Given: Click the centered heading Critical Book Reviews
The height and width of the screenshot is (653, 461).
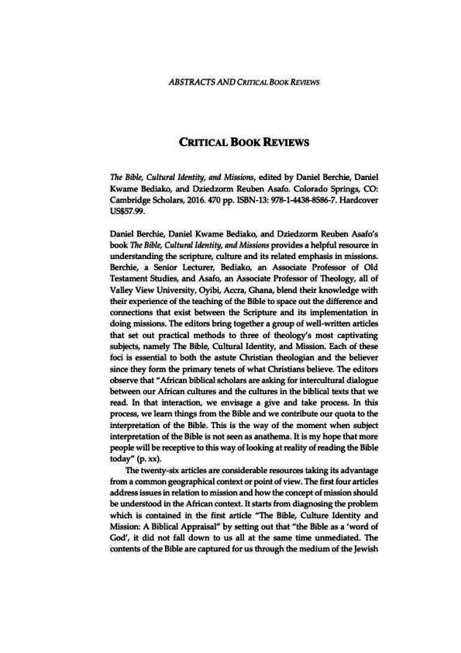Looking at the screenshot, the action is pyautogui.click(x=230, y=143).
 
